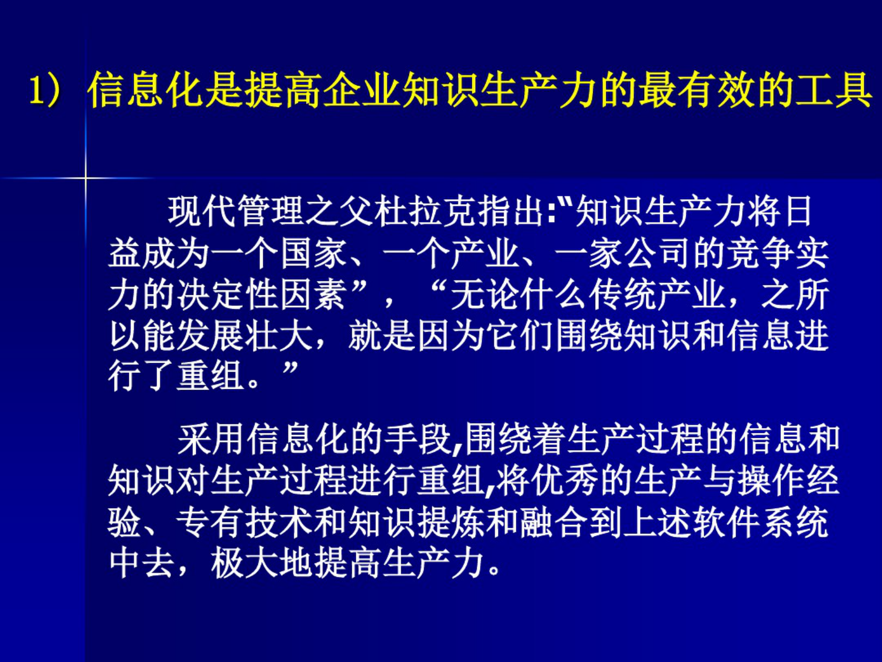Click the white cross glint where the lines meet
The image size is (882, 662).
86,178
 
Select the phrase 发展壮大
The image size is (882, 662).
245,336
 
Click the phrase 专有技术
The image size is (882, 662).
245,522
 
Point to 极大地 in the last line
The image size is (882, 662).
262,564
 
